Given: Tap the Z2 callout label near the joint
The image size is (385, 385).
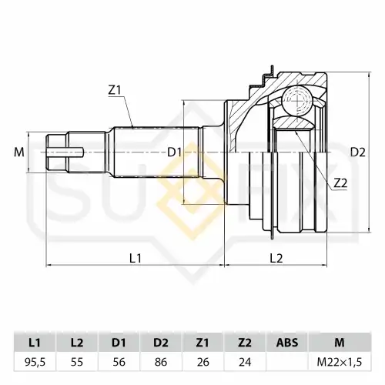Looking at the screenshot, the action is pos(340,183).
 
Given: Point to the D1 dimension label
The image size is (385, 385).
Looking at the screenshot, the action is pos(175,152).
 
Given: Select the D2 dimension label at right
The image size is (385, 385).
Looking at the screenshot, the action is pos(358,152).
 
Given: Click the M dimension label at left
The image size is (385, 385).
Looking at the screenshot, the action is pos(19,152).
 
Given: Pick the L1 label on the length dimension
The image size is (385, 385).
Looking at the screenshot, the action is pos(136,258).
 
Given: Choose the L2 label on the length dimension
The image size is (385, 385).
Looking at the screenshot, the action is pos(276,258).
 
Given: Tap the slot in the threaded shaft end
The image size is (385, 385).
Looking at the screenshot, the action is pos(65,152).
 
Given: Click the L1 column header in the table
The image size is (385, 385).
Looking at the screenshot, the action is pos(35,343).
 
